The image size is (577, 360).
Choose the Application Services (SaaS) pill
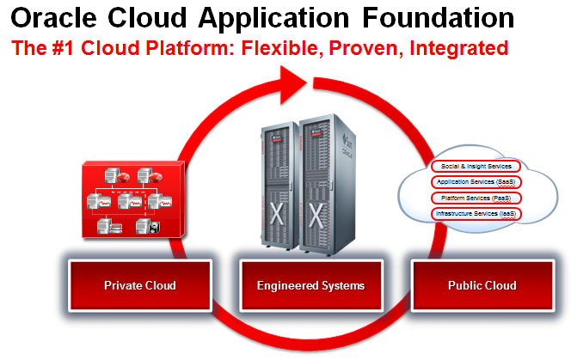tap(476, 181)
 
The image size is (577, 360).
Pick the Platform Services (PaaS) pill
tap(476, 197)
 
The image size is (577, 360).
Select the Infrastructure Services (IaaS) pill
tap(476, 212)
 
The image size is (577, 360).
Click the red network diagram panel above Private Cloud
tap(131, 199)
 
